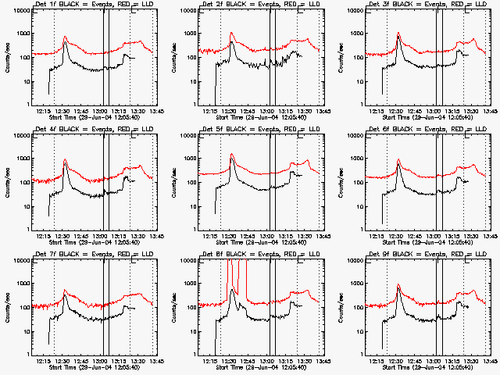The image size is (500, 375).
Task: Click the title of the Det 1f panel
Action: click(87, 5)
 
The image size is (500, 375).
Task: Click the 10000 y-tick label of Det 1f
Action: click(19, 11)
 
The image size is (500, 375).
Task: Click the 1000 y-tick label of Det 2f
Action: click(188, 34)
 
